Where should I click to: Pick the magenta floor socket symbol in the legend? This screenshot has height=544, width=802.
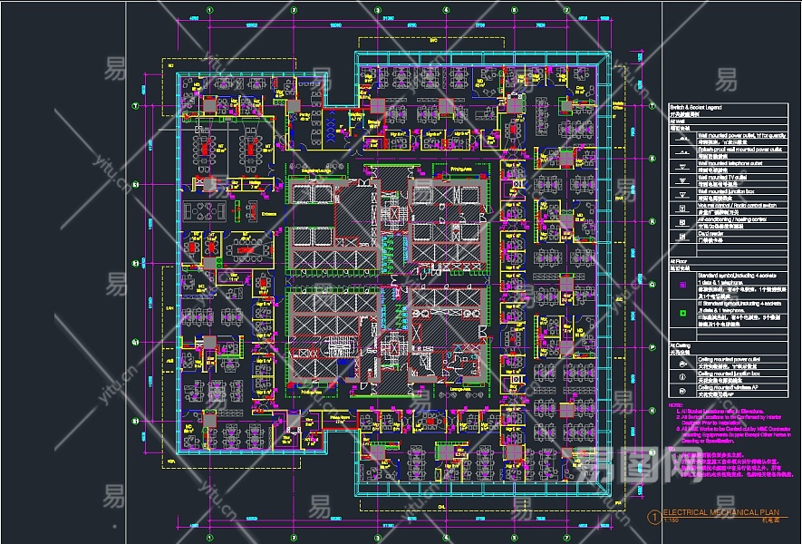(681, 283)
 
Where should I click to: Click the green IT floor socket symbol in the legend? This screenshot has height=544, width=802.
(681, 313)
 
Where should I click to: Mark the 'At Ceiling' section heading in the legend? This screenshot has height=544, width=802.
(680, 345)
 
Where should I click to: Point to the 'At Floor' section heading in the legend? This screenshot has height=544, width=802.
(678, 260)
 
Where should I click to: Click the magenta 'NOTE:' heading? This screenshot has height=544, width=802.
(675, 404)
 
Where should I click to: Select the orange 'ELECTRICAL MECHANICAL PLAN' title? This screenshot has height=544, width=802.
(720, 512)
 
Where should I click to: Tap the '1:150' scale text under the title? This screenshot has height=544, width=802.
(672, 520)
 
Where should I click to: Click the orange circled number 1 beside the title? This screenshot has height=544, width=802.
(654, 516)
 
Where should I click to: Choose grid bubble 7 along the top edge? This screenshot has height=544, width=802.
(567, 12)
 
